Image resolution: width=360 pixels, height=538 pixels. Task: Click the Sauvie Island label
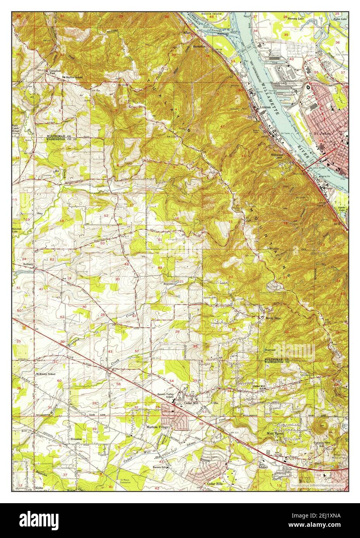[211, 14]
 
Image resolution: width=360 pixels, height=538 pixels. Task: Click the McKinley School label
[45, 374]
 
